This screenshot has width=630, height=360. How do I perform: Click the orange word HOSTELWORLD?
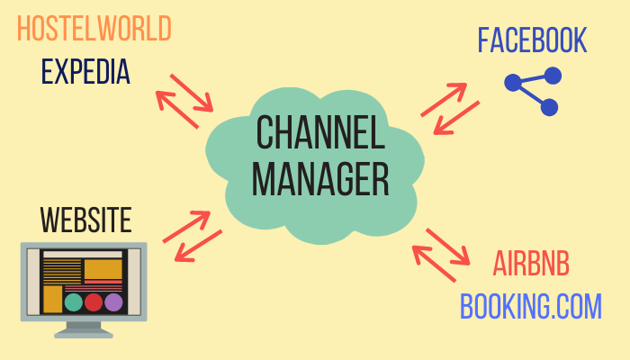pyautogui.click(x=94, y=28)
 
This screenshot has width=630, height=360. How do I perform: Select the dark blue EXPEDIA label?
pyautogui.click(x=85, y=71)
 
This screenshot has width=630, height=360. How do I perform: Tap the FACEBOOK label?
pyautogui.click(x=533, y=40)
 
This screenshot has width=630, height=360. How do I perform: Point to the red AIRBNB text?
pyautogui.click(x=531, y=264)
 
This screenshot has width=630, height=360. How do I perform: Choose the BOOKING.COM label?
pyautogui.click(x=531, y=306)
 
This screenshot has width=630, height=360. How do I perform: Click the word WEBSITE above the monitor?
pyautogui.click(x=86, y=220)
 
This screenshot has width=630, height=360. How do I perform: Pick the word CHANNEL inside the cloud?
pyautogui.click(x=320, y=132)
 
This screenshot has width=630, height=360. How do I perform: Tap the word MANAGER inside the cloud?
pyautogui.click(x=320, y=179)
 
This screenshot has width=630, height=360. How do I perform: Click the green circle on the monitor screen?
pyautogui.click(x=74, y=302)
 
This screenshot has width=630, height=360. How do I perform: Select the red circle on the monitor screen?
pyautogui.click(x=94, y=302)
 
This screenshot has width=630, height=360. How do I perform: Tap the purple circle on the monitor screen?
pyautogui.click(x=113, y=302)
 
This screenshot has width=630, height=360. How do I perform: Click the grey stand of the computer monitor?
pyautogui.click(x=84, y=330)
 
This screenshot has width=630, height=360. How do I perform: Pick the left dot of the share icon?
pyautogui.click(x=513, y=83)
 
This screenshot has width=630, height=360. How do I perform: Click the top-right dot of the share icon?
pyautogui.click(x=553, y=76)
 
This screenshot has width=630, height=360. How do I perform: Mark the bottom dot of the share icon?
pyautogui.click(x=549, y=107)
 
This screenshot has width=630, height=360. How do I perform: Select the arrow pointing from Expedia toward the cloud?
pyautogui.click(x=192, y=93)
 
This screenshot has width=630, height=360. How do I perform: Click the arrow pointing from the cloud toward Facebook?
pyautogui.click(x=444, y=100)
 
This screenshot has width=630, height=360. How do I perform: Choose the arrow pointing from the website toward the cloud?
pyautogui.click(x=186, y=227)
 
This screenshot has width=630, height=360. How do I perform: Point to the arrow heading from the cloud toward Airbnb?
pyautogui.click(x=448, y=247)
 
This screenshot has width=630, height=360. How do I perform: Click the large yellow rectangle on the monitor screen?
pyautogui.click(x=103, y=269)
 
